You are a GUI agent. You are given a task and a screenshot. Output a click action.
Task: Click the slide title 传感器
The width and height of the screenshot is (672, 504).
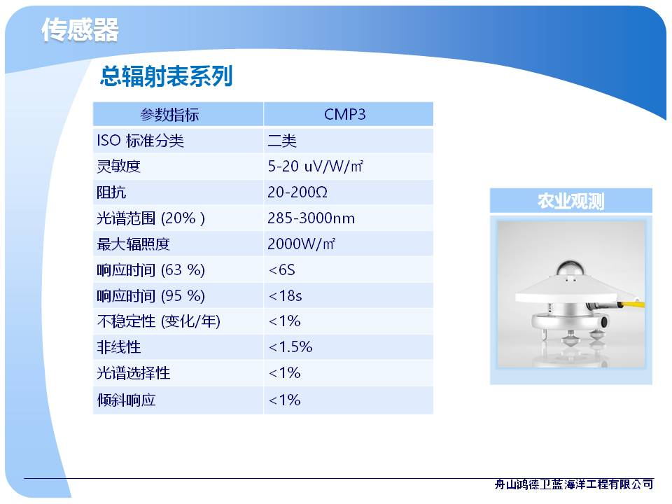point(80,30)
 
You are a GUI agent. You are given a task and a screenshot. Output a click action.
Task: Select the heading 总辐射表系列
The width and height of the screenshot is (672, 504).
point(167,76)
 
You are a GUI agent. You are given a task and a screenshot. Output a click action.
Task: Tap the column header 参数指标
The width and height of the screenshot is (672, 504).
point(169,115)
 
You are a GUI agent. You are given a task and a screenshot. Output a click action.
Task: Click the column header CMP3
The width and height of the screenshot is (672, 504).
point(345,114)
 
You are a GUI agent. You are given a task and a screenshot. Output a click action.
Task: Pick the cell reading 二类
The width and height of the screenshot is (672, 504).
point(282,141)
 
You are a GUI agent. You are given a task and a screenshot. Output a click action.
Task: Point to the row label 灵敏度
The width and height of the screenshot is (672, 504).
point(119,167)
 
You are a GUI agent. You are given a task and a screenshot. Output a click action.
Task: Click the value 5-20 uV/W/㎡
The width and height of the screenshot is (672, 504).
point(316,167)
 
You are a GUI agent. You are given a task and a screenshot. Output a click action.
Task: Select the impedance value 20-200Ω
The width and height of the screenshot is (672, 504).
point(297,192)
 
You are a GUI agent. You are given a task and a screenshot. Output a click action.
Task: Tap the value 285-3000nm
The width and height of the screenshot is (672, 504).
point(311,218)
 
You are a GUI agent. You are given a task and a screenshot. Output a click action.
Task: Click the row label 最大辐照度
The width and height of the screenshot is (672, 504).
point(133,244)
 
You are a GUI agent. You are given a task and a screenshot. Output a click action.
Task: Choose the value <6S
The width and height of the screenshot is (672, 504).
point(281,270)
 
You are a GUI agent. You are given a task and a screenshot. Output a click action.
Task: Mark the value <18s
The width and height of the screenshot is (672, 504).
point(285,295)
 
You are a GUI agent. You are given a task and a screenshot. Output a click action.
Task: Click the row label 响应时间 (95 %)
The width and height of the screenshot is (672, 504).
point(151,295)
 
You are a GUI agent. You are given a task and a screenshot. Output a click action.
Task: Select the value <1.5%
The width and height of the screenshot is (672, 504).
point(290,346)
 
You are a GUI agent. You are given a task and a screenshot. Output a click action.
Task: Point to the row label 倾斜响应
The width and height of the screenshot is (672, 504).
point(126,400)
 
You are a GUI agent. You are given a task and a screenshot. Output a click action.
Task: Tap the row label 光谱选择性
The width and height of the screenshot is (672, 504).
point(133,373)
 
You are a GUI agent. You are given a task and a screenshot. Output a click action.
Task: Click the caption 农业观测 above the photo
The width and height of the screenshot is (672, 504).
point(571,201)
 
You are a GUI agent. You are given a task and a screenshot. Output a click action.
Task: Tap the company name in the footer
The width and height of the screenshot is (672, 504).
point(574,484)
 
